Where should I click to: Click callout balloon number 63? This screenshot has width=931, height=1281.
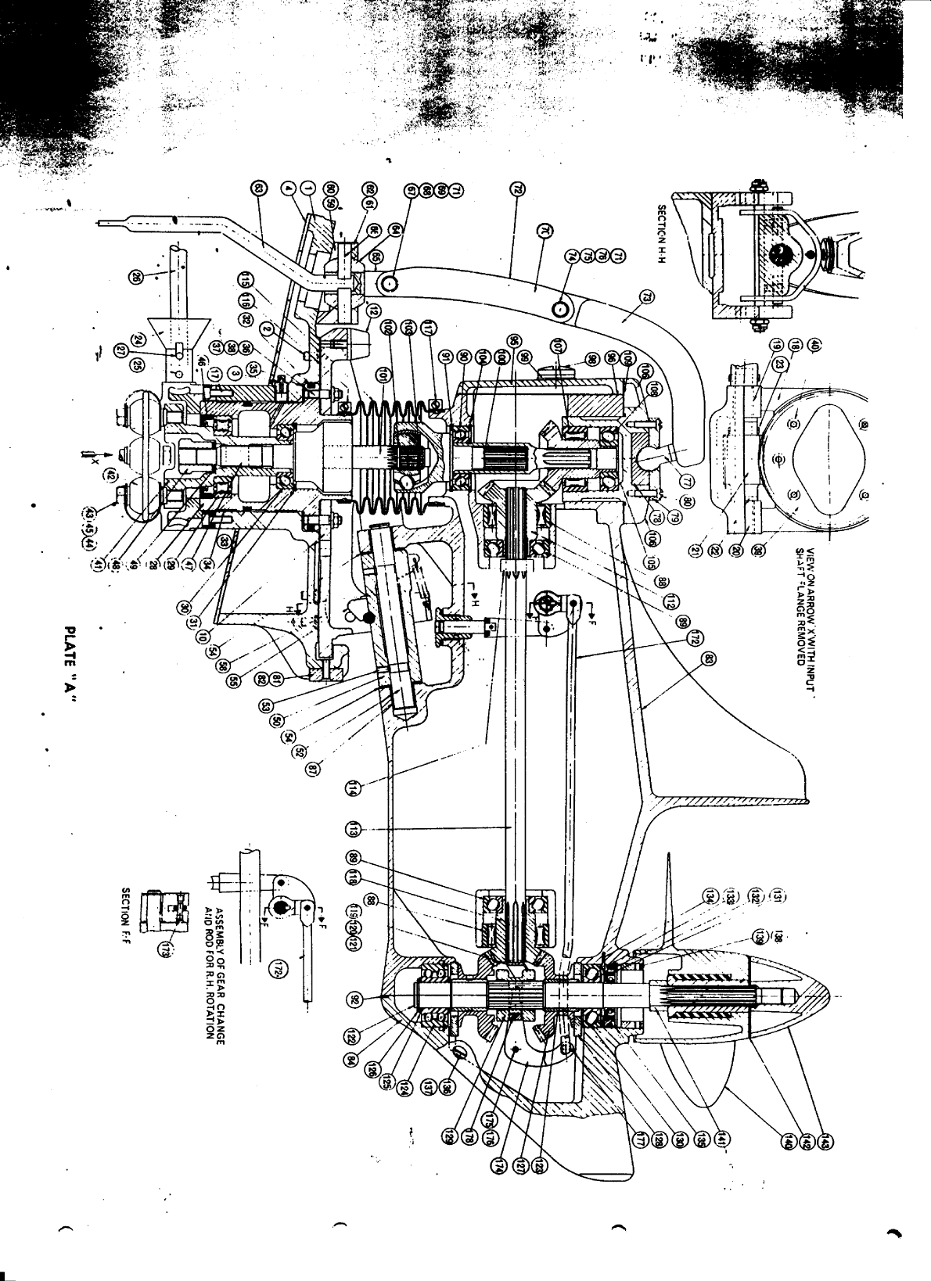click(x=261, y=188)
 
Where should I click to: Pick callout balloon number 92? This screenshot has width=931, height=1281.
click(x=354, y=999)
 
